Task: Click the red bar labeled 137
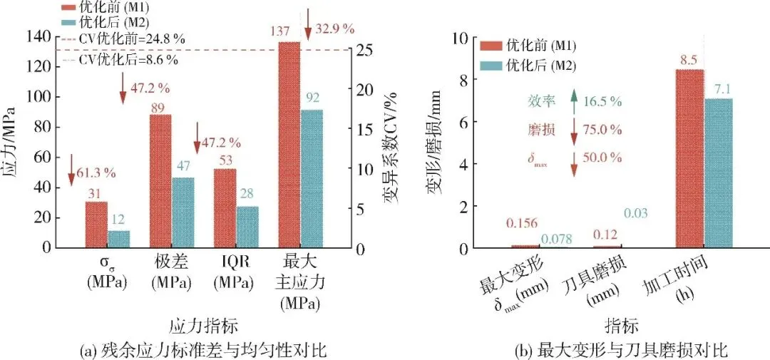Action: click(289, 145)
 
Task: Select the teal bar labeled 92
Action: click(312, 179)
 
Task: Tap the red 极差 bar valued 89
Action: click(160, 181)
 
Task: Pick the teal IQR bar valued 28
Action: click(247, 227)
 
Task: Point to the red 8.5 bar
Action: click(690, 159)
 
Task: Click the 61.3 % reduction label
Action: click(96, 173)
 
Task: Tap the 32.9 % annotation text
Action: click(335, 29)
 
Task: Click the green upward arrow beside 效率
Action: click(573, 102)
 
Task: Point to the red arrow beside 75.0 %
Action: click(573, 130)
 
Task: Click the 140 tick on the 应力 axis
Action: click(40, 36)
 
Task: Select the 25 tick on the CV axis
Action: click(361, 50)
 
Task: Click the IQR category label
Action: click(236, 262)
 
